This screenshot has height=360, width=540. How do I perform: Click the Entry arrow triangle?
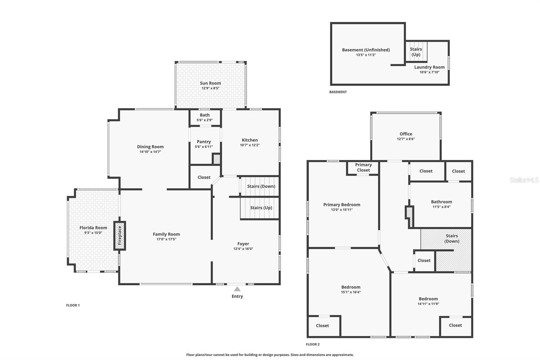[237, 289]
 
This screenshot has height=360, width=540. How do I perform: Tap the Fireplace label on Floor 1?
[119, 235]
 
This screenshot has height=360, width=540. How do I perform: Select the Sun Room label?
[210, 83]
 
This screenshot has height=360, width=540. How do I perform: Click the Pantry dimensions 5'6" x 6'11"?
[204, 147]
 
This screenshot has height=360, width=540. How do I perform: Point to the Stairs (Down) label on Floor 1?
[261, 186]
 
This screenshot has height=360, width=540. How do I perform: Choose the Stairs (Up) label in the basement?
[416, 52]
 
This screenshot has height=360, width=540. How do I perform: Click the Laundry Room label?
[429, 67]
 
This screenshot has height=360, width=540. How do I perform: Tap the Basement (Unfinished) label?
[366, 50]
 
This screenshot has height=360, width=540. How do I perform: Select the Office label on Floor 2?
[406, 134]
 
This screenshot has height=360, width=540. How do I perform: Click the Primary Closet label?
[363, 168]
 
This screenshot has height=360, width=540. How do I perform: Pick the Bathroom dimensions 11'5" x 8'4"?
[441, 207]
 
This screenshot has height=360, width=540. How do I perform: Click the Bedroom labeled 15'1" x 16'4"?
[351, 287]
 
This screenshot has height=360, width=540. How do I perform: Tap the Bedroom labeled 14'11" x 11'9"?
[428, 299]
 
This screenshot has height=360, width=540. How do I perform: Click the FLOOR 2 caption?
[313, 344]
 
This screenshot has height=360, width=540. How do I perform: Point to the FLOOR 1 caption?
[73, 305]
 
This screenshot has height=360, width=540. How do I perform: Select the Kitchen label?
[250, 140]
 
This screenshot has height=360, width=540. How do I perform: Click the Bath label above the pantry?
[205, 115]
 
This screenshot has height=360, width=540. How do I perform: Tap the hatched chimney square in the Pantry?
[217, 159]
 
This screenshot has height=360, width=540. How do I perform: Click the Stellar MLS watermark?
[524, 180]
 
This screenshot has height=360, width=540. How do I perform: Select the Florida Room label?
[93, 228]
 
